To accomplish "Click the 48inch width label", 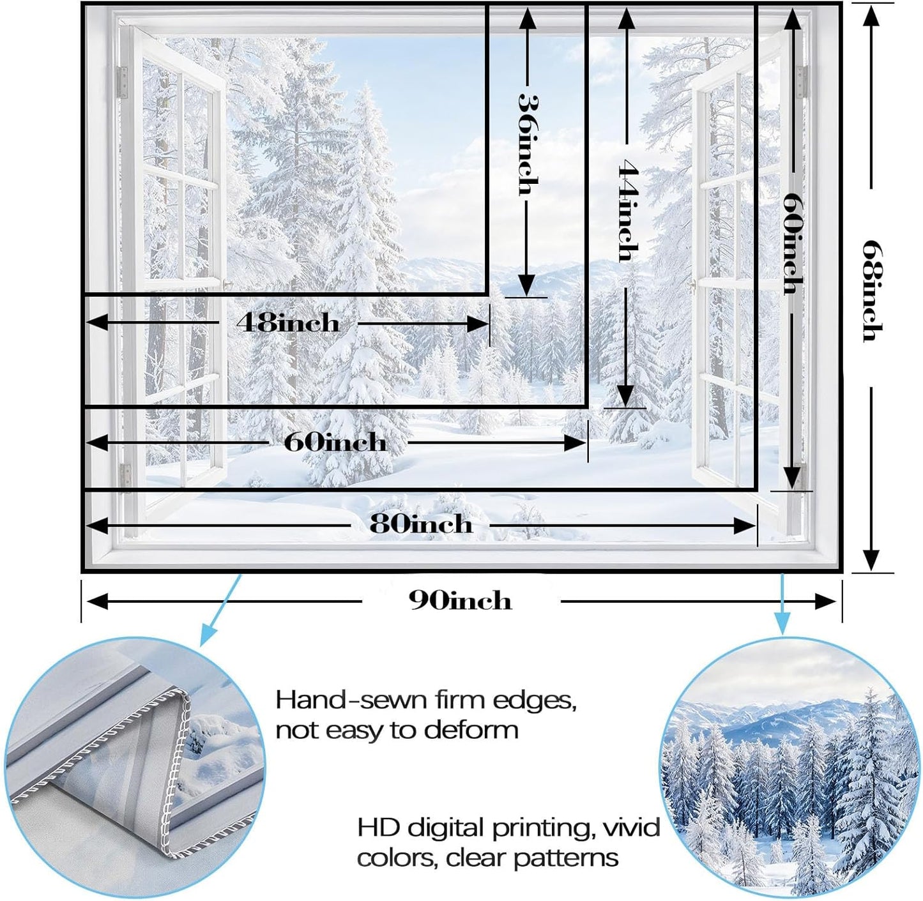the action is coord(288,323).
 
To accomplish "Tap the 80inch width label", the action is coord(421,524).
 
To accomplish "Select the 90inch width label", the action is coord(461,602).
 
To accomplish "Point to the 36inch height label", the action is coord(528,144).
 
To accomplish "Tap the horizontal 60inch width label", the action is coord(335,443).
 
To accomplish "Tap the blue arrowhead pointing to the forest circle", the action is coord(782,624).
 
